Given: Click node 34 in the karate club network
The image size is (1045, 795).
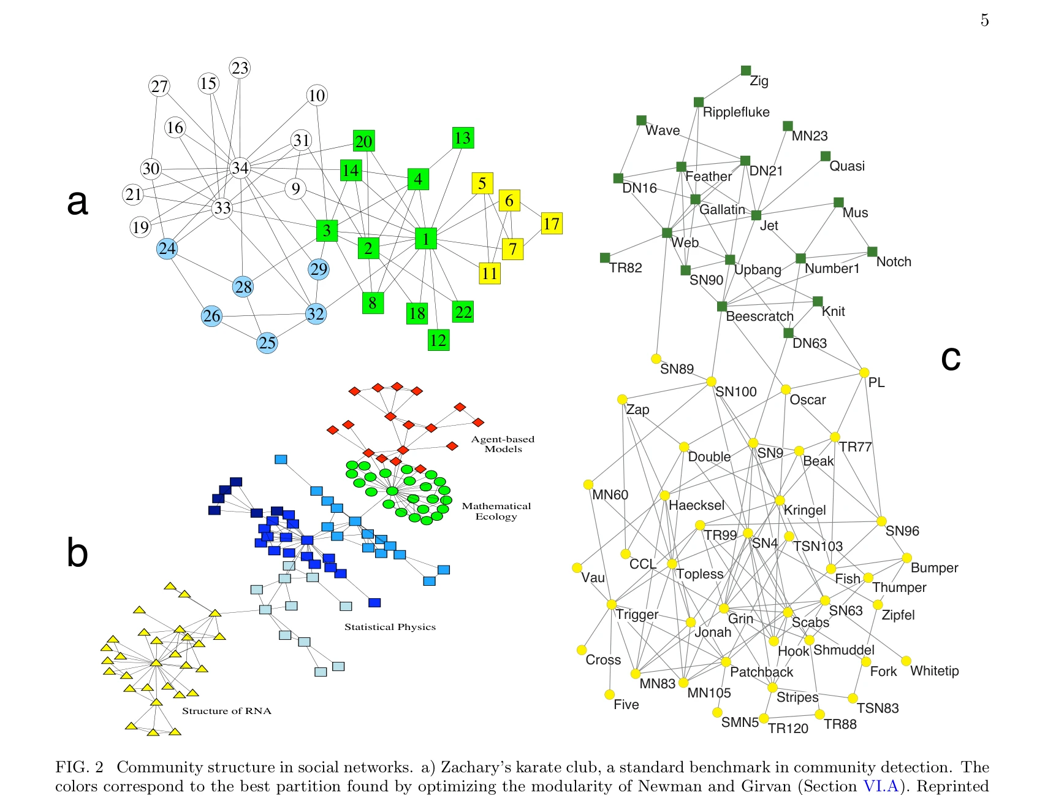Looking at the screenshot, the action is pos(240,167).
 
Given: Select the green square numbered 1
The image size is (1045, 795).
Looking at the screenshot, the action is pos(425,239).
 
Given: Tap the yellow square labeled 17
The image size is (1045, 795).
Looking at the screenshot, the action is pos(551,223).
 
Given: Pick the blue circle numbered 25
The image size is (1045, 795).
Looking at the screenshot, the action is pos(267,342).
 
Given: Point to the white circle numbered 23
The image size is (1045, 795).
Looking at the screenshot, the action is pos(240,67).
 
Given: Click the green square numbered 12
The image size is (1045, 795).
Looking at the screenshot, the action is pos(438,340).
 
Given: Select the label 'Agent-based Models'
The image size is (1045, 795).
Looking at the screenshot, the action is pos(503,444).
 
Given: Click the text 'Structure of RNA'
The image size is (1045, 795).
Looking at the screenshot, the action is pos(226,711).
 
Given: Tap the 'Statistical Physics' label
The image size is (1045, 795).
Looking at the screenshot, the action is pos(390,627).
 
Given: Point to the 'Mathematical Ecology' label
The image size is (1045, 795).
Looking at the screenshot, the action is pos(496,511).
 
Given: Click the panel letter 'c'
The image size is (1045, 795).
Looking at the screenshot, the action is pos(951,359).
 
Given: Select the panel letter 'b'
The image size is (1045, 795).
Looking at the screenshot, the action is pos(77,552).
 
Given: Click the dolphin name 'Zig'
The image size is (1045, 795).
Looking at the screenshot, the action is pos(759,81).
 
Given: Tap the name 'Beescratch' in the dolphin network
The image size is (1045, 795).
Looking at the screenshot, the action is pos(759,317).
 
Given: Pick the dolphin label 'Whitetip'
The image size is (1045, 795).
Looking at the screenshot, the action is pos(934,671).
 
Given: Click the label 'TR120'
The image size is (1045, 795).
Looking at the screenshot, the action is pos(788,729).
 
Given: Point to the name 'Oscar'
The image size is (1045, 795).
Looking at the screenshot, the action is pos(808,400).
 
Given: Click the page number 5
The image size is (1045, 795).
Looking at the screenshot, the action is pos(984,20).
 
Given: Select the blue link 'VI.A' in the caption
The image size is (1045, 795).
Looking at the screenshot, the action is pos(881,786).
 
